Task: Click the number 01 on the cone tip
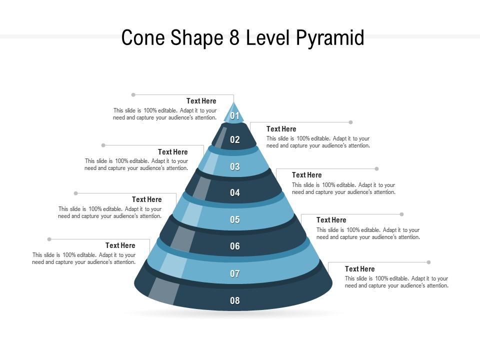tap(235, 116)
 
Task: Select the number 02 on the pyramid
tap(235, 140)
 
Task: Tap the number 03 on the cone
tap(235, 167)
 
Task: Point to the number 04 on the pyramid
tap(235, 193)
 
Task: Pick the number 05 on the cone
tap(235, 219)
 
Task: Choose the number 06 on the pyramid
tap(235, 246)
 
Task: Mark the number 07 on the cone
tap(235, 273)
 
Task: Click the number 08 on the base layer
tap(235, 300)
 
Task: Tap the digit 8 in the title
tap(233, 38)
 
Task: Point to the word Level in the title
tap(270, 38)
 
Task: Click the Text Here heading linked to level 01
tap(201, 101)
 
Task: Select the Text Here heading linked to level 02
tap(281, 129)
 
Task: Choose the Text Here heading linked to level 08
tap(359, 269)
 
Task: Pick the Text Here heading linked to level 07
tap(120, 245)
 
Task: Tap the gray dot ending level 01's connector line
tap(133, 94)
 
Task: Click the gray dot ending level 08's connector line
tap(428, 262)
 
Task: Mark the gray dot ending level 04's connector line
tap(376, 169)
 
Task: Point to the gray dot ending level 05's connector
tap(76, 193)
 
